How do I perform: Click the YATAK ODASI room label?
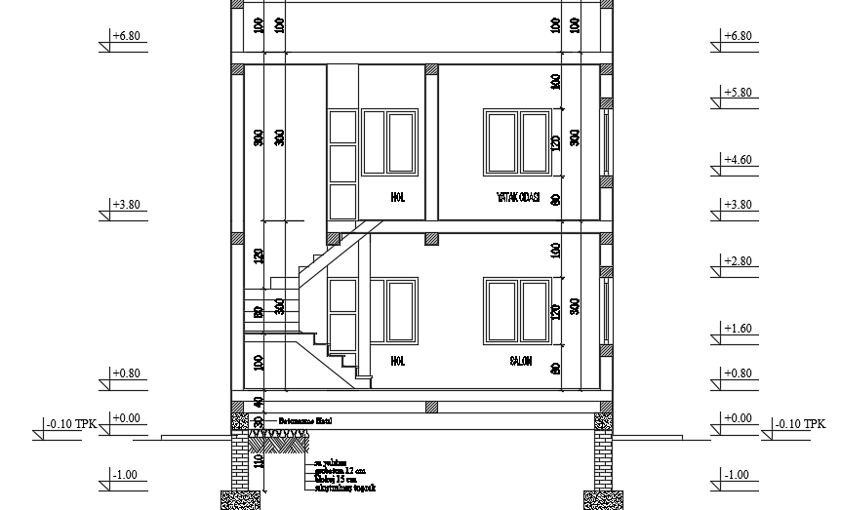point(517,197)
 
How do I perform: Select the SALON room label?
point(519,361)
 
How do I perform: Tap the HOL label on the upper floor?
point(397,197)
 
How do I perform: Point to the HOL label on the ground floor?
point(397,361)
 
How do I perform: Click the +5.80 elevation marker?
point(739,93)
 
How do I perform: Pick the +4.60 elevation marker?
point(739,159)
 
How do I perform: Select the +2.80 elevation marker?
point(739,261)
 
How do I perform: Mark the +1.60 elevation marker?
point(739,329)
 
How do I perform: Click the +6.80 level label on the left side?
point(127,36)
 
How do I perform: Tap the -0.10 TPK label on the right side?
point(799,424)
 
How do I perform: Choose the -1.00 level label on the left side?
point(125,474)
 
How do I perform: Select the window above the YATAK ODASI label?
point(516,143)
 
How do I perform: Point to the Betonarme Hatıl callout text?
point(305,421)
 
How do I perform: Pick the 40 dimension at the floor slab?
point(259,402)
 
